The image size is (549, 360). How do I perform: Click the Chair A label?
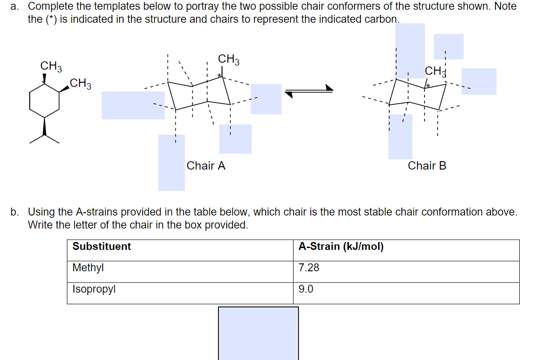click(x=206, y=166)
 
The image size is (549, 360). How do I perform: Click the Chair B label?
click(x=427, y=166)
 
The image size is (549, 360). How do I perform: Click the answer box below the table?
click(x=258, y=333)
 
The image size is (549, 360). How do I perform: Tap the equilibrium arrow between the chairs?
click(x=309, y=92)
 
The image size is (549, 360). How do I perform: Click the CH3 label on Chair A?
click(x=229, y=59)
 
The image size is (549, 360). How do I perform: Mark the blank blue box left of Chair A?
click(x=133, y=105)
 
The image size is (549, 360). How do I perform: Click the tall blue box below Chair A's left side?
click(x=171, y=163)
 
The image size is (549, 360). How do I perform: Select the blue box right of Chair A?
click(x=266, y=99)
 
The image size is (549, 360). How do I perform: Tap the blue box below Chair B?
click(x=400, y=137)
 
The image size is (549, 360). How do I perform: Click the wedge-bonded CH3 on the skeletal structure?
click(x=80, y=85)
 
